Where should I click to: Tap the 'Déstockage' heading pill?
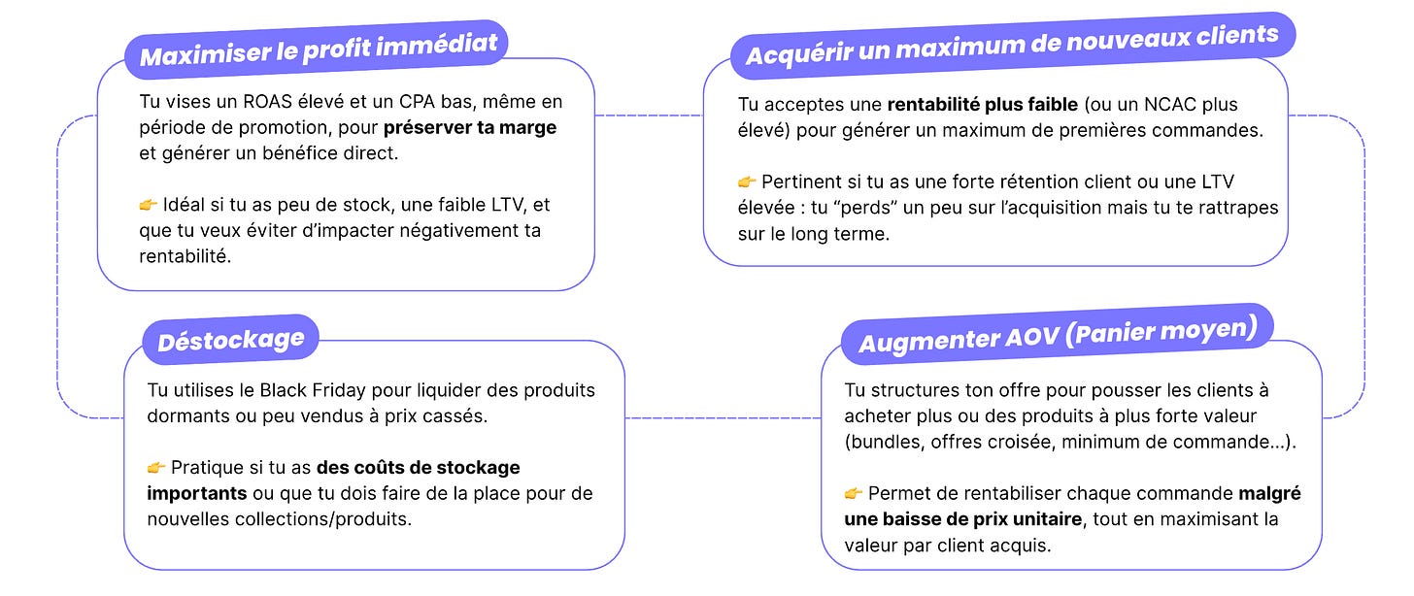tap(230, 341)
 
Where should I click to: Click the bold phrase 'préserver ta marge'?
tap(470, 127)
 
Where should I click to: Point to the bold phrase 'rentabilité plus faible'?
tap(983, 105)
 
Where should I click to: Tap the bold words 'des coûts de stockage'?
tap(419, 468)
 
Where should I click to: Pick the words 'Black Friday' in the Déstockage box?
tap(309, 390)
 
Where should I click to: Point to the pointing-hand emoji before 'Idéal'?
tap(148, 205)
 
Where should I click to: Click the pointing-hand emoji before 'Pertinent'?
tap(747, 182)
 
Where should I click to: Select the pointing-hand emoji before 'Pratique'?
tap(156, 468)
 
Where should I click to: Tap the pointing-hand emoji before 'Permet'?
tap(854, 494)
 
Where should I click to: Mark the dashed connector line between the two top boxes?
tap(648, 116)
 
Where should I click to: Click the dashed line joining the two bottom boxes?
tap(722, 418)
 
